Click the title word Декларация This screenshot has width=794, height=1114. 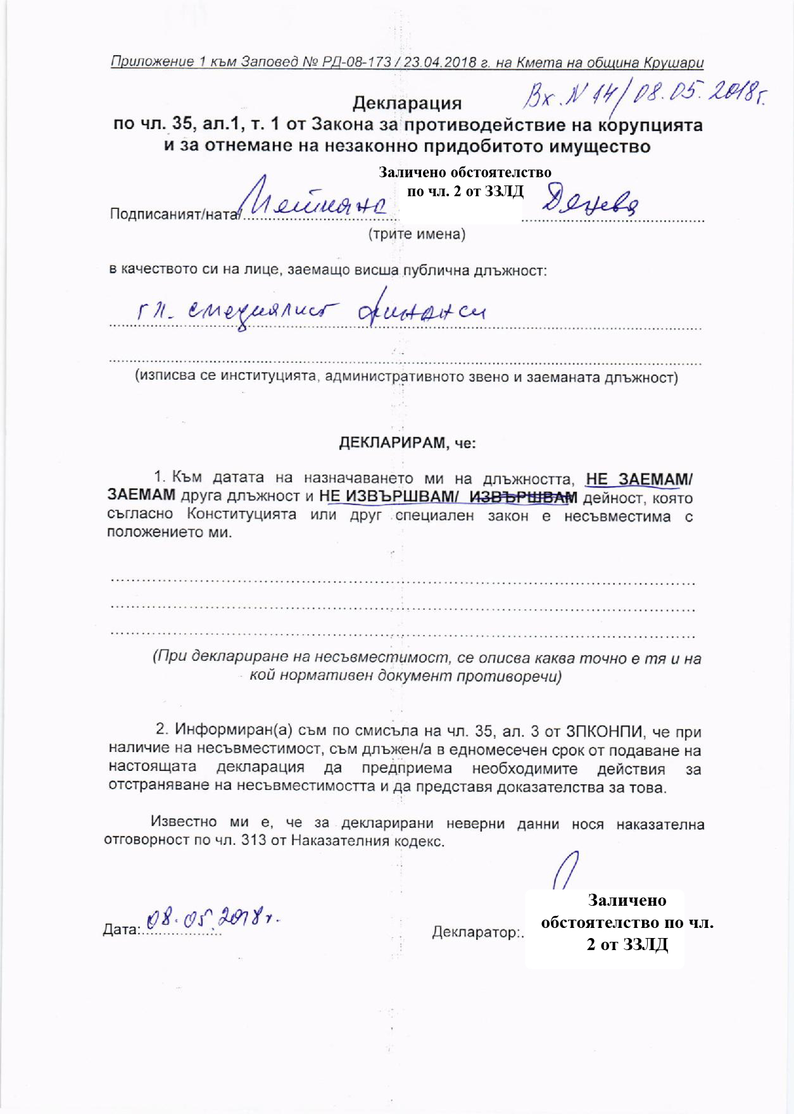pyautogui.click(x=406, y=103)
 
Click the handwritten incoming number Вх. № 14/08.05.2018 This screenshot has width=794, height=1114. pyautogui.click(x=643, y=96)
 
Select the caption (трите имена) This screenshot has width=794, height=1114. pyautogui.click(x=417, y=234)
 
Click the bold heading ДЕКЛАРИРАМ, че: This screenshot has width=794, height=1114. pyautogui.click(x=407, y=442)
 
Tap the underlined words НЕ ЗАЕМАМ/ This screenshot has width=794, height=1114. pyautogui.click(x=639, y=479)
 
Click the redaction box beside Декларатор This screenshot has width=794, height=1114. pyautogui.click(x=605, y=929)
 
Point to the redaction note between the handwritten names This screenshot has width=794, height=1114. pyautogui.click(x=465, y=182)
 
